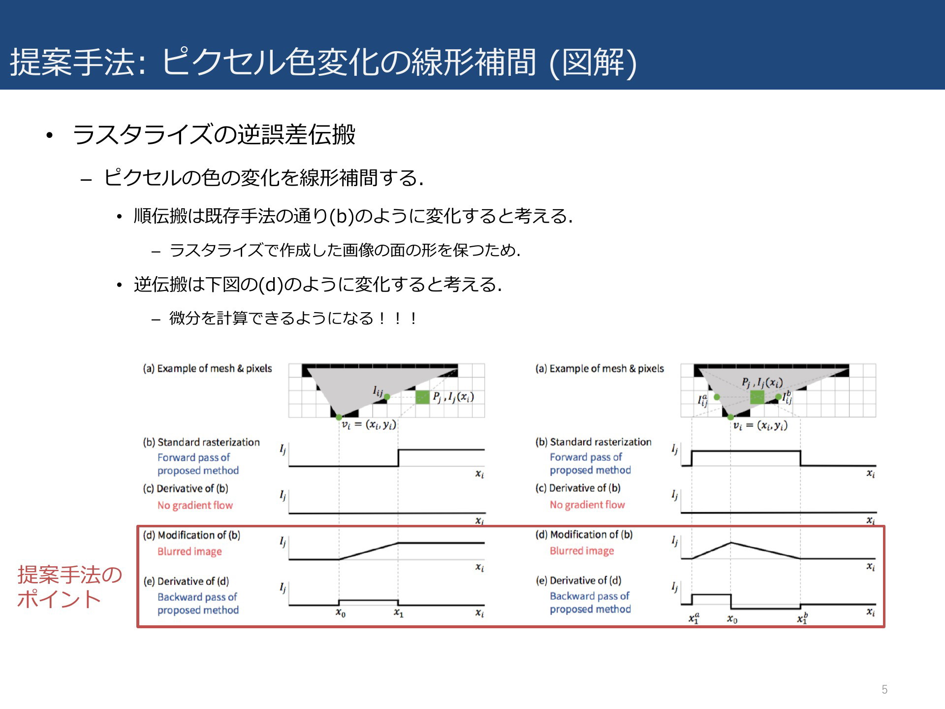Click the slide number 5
click(x=884, y=689)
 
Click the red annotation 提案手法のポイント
click(x=69, y=586)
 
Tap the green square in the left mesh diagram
click(x=422, y=397)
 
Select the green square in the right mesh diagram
click(x=757, y=397)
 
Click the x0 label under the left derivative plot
click(x=341, y=613)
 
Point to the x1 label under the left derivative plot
click(x=399, y=613)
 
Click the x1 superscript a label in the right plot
click(x=694, y=618)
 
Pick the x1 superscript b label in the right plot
click(x=802, y=618)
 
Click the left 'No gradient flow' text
click(x=195, y=505)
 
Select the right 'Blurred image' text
click(x=582, y=551)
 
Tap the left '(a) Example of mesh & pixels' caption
click(x=207, y=368)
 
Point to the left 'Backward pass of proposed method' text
click(x=198, y=603)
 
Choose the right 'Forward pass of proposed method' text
click(x=590, y=463)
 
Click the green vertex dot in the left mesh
click(x=339, y=418)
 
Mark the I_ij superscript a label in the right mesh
click(x=702, y=400)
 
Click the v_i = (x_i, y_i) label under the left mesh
click(x=369, y=424)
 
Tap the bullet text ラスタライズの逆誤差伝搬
click(x=214, y=134)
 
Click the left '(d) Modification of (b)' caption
click(x=191, y=535)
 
